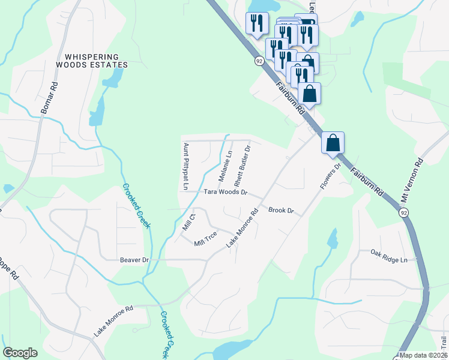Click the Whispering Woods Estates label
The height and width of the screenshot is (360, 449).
coord(92,59)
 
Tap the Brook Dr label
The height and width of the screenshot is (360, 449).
coord(281,211)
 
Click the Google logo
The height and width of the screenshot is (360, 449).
coord(20,353)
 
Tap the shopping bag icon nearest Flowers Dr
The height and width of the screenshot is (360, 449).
coord(333,143)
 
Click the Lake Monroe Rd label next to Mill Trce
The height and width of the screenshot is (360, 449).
coord(242,229)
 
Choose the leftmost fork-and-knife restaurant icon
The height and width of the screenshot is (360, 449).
coord(257,23)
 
